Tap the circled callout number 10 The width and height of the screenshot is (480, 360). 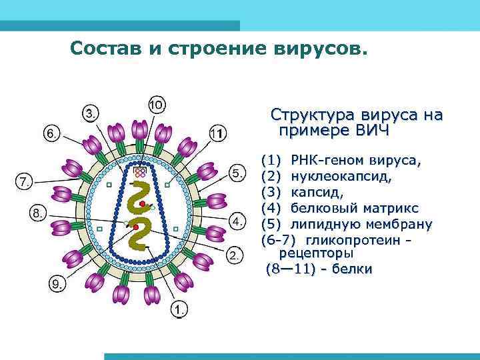(157, 105)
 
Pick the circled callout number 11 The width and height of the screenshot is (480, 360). (217, 133)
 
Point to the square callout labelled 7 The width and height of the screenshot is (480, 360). (24, 181)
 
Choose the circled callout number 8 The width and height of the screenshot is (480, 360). (39, 213)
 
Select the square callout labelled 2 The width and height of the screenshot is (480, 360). (235, 255)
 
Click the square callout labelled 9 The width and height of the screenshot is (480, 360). (59, 284)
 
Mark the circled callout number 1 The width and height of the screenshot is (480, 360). (179, 309)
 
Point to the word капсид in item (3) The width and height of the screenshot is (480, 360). (317, 192)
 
